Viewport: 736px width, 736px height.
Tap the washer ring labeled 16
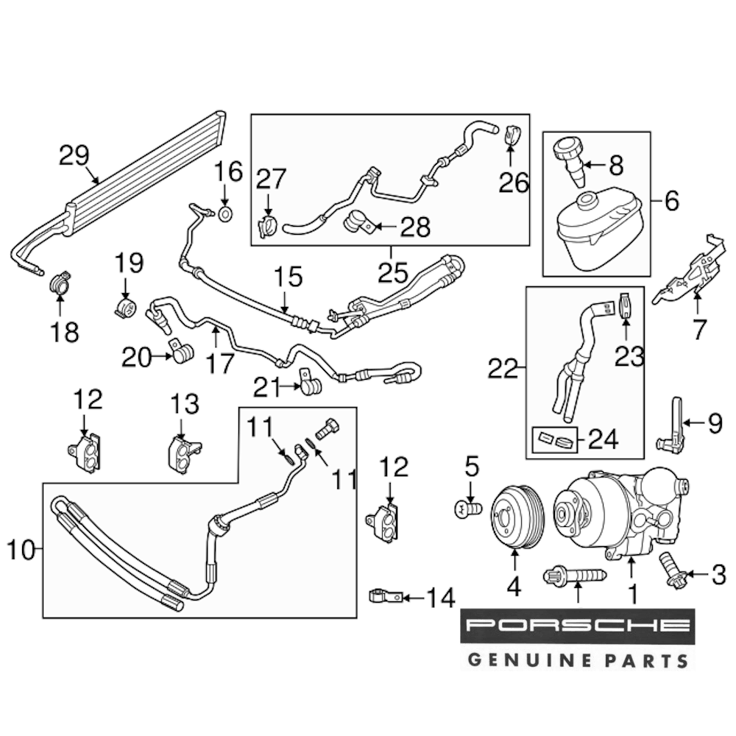(x=227, y=214)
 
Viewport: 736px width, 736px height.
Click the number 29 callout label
(x=74, y=155)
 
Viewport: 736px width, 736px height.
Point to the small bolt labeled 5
(x=467, y=508)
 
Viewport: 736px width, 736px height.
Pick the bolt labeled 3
(x=672, y=571)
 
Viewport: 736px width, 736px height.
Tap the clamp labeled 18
(x=61, y=283)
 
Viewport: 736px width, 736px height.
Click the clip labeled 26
(x=512, y=136)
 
